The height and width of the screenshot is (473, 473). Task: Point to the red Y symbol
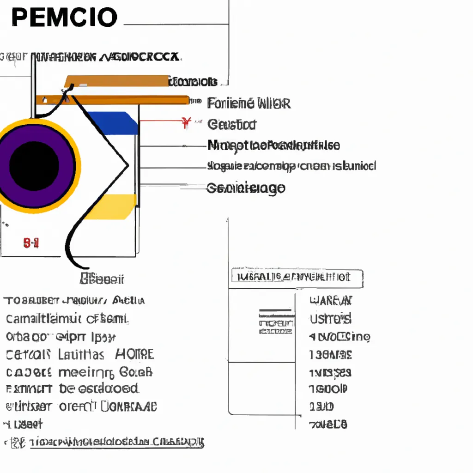(187, 123)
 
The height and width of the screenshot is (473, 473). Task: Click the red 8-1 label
(30, 243)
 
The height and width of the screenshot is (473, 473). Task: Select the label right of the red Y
(232, 124)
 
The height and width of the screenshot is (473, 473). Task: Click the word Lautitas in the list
(81, 355)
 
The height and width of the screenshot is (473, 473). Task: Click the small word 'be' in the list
(67, 389)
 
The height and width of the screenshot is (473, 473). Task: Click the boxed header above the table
(297, 277)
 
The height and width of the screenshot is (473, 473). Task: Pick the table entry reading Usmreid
(330, 318)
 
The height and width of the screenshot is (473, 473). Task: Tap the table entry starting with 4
(339, 337)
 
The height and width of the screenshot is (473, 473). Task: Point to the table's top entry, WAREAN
(330, 301)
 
